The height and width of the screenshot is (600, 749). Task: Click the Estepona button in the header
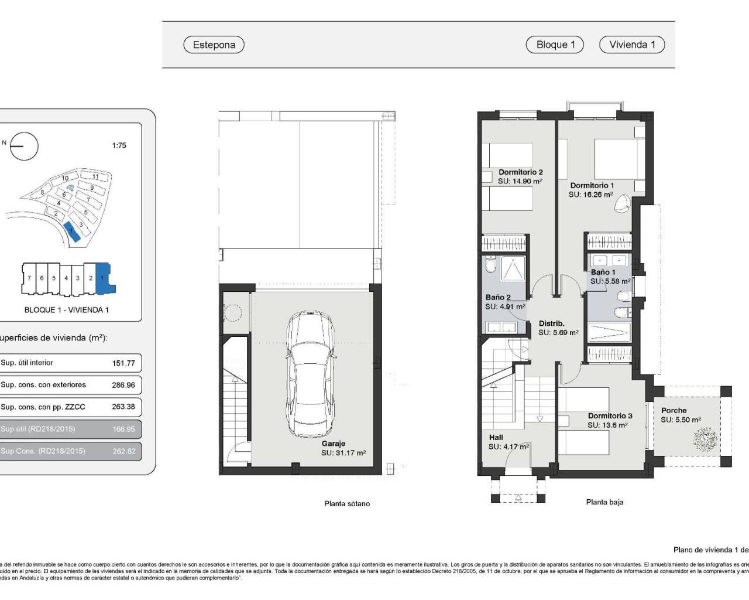pyautogui.click(x=214, y=45)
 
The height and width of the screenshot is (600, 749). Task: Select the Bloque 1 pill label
pyautogui.click(x=555, y=45)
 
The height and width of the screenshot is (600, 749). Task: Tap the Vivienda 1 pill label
pyautogui.click(x=632, y=45)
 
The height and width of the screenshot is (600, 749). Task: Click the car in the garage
pyautogui.click(x=311, y=374)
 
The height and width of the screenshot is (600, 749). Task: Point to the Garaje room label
pyautogui.click(x=334, y=444)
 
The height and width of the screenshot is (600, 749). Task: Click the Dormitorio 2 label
pyautogui.click(x=520, y=172)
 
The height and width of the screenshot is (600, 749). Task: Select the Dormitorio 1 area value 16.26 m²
pyautogui.click(x=591, y=195)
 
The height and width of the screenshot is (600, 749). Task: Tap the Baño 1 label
pyautogui.click(x=603, y=272)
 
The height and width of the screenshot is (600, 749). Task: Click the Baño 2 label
pyautogui.click(x=498, y=297)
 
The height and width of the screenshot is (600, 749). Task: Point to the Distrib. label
pyautogui.click(x=551, y=323)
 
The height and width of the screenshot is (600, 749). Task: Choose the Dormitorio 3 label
pyautogui.click(x=610, y=415)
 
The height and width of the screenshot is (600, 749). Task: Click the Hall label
pyautogui.click(x=496, y=437)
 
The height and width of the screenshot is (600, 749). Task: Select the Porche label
pyautogui.click(x=674, y=410)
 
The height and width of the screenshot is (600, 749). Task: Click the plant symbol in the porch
pyautogui.click(x=705, y=438)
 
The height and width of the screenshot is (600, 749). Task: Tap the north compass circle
pyautogui.click(x=25, y=146)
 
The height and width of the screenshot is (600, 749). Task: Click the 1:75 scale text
pyautogui.click(x=119, y=145)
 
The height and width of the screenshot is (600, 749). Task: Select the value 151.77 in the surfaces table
pyautogui.click(x=123, y=363)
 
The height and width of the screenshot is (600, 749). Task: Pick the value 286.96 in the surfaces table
pyautogui.click(x=123, y=385)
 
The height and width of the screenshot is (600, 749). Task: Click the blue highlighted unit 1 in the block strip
pyautogui.click(x=104, y=278)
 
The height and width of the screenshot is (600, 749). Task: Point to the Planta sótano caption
pyautogui.click(x=347, y=503)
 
